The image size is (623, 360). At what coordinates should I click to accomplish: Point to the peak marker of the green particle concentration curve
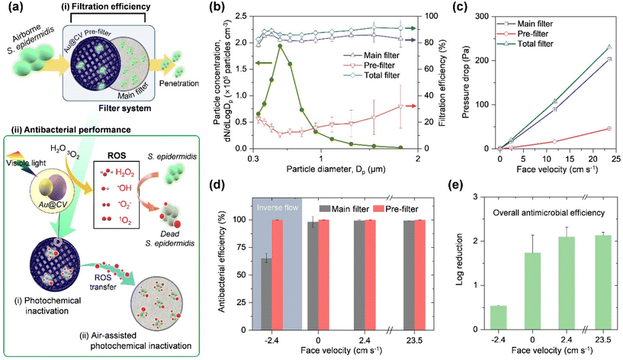(x=281, y=46)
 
